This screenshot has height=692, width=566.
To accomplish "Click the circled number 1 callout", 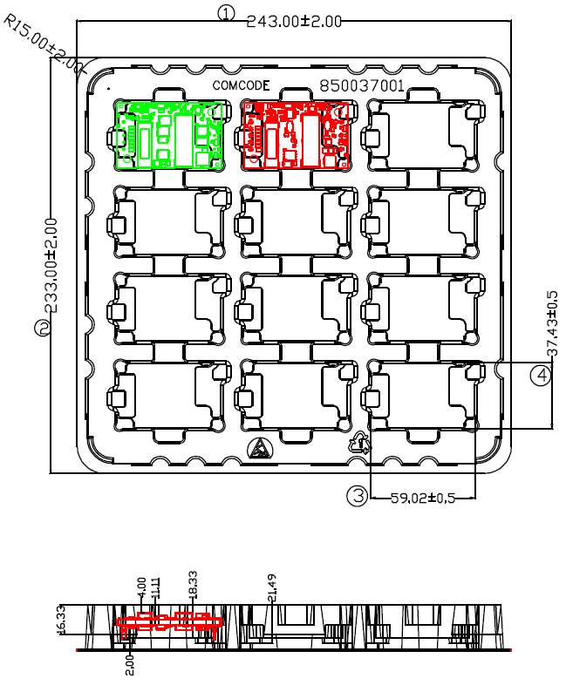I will [x=227, y=13].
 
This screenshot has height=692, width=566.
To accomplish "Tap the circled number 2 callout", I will [x=41, y=329].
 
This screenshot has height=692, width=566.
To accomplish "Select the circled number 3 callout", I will [x=358, y=496].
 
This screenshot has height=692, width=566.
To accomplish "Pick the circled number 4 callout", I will [x=542, y=376].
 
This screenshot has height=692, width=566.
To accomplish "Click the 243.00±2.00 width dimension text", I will [x=294, y=21].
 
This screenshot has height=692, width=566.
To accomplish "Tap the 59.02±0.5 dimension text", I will [x=423, y=499].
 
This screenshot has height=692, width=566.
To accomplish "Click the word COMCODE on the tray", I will [x=242, y=85].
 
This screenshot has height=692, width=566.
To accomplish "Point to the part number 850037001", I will [x=362, y=86].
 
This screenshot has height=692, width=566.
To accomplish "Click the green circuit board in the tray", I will [x=168, y=134].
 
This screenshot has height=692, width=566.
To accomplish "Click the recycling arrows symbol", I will [x=359, y=444].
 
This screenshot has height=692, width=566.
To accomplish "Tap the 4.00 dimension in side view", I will [x=141, y=586].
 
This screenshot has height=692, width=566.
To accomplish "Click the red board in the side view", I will [x=170, y=622].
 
